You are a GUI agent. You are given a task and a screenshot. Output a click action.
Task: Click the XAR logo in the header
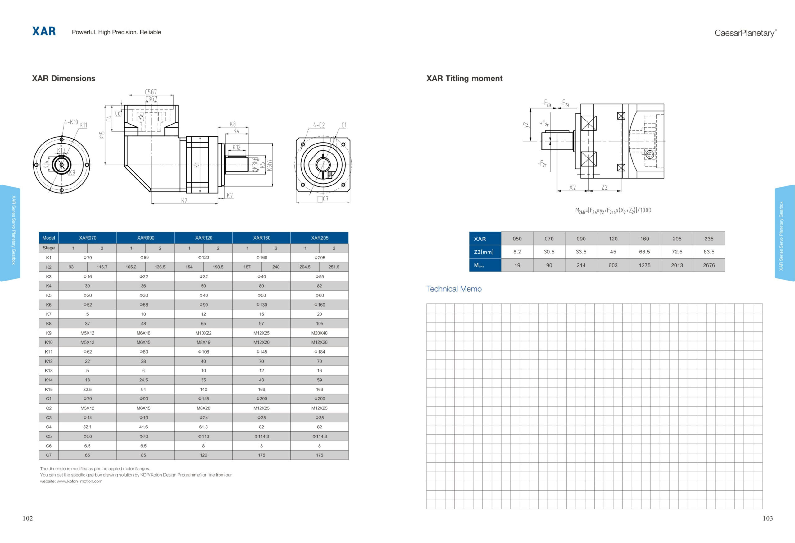point(44,31)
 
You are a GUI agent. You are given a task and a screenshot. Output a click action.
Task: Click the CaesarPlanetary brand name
point(745,33)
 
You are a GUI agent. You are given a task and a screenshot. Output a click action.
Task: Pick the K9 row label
point(48,333)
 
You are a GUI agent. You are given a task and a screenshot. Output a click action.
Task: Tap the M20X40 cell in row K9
point(319,333)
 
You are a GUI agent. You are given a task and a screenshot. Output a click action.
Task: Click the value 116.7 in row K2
point(102,267)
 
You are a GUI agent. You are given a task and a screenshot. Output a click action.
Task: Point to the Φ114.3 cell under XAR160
point(261,436)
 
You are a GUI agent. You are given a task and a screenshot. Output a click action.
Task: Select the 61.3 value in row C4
point(203,427)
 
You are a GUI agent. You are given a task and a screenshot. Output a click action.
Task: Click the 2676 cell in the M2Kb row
point(709,265)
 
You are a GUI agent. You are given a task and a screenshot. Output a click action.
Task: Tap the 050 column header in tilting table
point(517,239)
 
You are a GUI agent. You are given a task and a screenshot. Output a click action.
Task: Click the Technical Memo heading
point(454,289)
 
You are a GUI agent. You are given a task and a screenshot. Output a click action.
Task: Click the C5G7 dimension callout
point(151,92)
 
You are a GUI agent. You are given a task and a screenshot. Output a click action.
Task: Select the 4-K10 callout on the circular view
point(71,122)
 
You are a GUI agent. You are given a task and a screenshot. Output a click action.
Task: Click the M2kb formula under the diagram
point(613,210)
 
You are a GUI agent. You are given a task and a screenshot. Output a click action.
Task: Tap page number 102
point(28,518)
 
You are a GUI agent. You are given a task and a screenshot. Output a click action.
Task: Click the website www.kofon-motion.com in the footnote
point(79,481)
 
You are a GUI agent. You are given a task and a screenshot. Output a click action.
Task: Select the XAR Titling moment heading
point(464,78)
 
